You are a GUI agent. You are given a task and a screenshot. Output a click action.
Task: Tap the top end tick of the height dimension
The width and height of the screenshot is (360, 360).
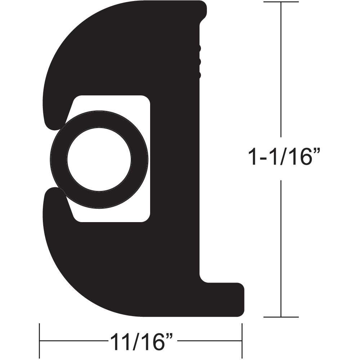281,2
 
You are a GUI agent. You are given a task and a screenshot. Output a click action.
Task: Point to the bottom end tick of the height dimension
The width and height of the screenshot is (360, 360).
281,317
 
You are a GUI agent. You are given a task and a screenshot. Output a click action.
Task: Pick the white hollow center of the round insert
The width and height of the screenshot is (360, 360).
99,159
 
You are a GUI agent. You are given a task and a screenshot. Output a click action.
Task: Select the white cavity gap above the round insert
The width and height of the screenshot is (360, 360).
119,103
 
